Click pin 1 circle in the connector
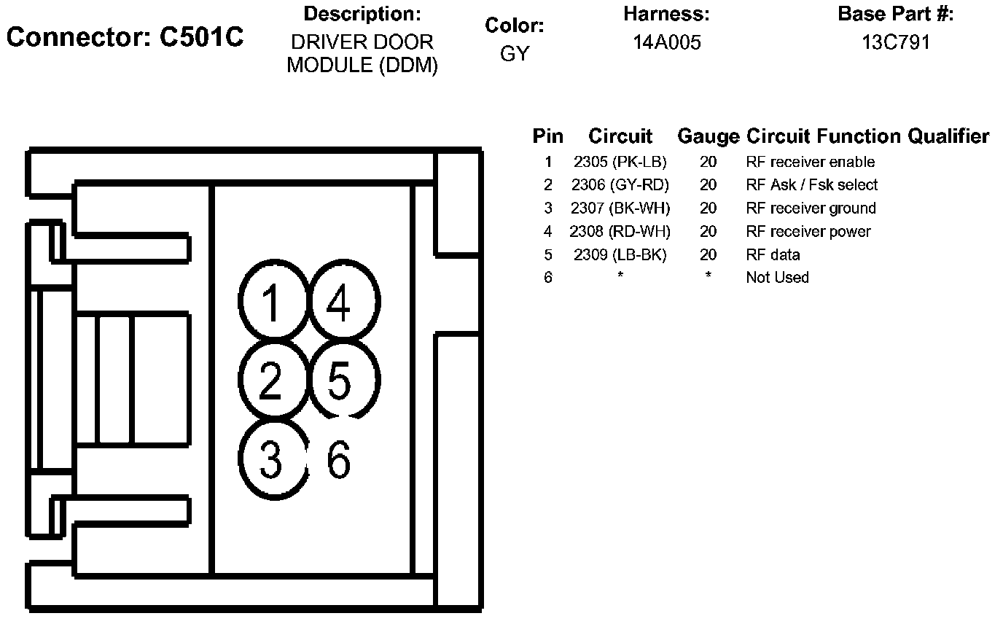[271, 302]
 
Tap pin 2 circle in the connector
[271, 380]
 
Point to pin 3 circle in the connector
[271, 459]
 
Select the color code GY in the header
[515, 54]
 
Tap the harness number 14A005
[666, 43]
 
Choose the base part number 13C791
[896, 43]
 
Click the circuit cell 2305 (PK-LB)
[620, 162]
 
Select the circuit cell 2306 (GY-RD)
[620, 185]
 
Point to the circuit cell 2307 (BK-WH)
[620, 208]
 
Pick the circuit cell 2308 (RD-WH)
[620, 232]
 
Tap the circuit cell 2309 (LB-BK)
[620, 255]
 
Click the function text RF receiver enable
[810, 162]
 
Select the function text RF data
[773, 255]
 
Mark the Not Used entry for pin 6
[777, 278]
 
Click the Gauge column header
[708, 136]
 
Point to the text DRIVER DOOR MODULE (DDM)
[362, 54]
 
